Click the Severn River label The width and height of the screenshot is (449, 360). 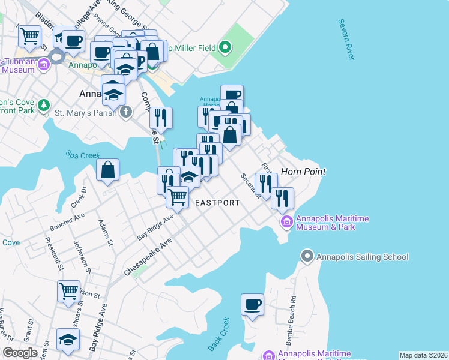click(346, 40)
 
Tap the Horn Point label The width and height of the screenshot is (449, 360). click(303, 172)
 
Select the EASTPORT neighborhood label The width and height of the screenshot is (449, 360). click(217, 203)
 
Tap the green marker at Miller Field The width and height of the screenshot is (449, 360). click(225, 47)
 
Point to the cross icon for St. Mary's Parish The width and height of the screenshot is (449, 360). click(125, 112)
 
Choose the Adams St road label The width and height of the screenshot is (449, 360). click(106, 232)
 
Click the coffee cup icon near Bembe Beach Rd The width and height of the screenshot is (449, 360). click(252, 304)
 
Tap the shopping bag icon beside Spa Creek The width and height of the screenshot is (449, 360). click(108, 170)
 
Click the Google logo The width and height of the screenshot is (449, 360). click(20, 353)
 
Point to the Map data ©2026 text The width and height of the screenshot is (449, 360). click(423, 355)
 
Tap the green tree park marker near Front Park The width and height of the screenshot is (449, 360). click(43, 106)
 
